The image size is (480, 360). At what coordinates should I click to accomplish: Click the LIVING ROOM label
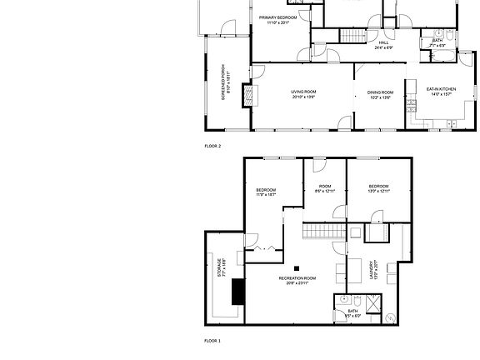tap(303, 94)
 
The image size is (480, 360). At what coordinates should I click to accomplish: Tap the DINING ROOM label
tap(380, 94)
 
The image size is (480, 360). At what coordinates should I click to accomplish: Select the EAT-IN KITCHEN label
tap(440, 91)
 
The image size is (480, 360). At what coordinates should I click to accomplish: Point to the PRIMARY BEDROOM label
tap(277, 19)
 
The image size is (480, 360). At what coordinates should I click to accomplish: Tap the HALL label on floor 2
tap(383, 44)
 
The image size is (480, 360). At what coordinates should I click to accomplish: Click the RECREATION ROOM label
tap(297, 280)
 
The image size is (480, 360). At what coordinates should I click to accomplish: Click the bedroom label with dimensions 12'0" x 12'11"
tap(378, 188)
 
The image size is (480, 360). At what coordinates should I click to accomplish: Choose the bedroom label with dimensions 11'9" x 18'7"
tap(266, 192)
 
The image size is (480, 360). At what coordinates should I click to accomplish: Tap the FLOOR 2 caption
tap(212, 146)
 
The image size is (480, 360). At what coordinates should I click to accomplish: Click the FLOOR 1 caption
tap(212, 341)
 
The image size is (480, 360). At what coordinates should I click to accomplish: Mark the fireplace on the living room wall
tap(246, 95)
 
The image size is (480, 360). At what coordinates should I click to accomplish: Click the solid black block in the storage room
tap(239, 291)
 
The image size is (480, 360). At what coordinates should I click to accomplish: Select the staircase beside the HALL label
tap(352, 36)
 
